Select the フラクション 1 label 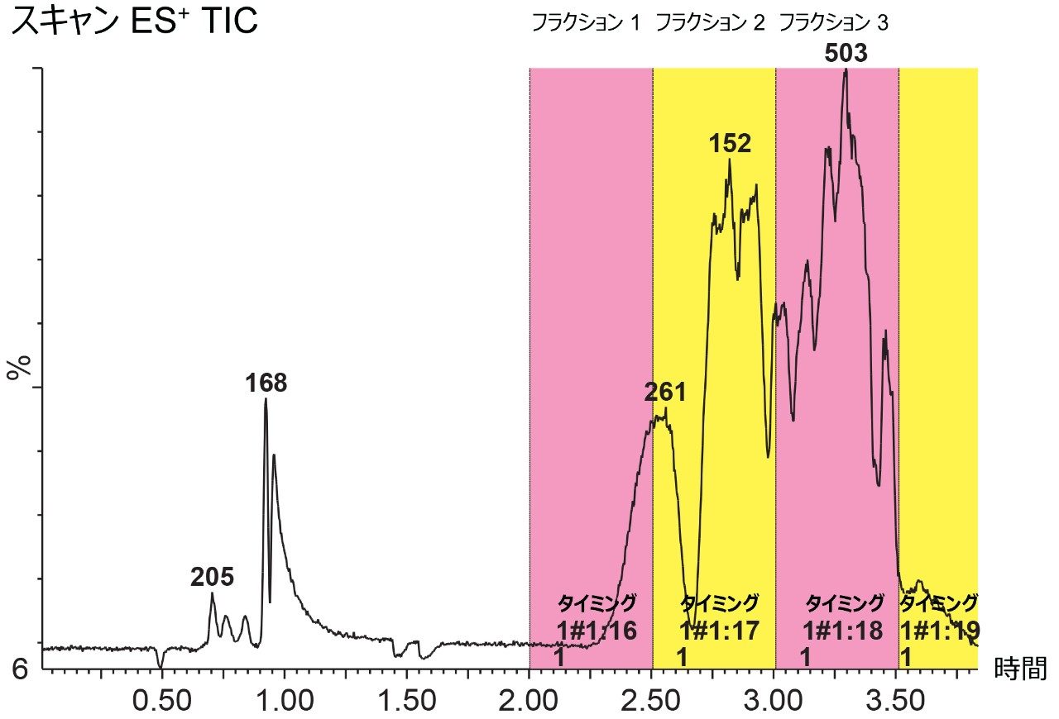[x=586, y=23]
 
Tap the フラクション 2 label [x=710, y=23]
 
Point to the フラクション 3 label [x=834, y=23]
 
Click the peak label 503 [x=846, y=54]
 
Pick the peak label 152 [x=730, y=144]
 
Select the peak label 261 [x=665, y=393]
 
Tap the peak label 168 [x=266, y=383]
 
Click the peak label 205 [x=212, y=578]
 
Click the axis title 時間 [x=1020, y=669]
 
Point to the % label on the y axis [x=18, y=367]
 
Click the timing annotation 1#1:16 [x=596, y=631]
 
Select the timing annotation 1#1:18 [x=842, y=631]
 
